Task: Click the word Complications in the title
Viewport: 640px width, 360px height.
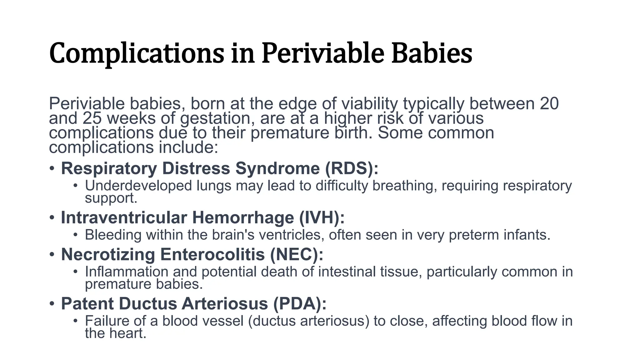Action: pos(137,54)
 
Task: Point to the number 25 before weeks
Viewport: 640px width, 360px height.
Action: pos(92,118)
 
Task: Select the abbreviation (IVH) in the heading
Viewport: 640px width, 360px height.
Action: pos(322,217)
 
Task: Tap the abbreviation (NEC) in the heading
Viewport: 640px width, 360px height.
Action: pos(297,254)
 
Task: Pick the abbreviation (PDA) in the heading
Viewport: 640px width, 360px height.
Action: pos(300,304)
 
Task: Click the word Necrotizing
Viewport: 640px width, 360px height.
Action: pos(108,254)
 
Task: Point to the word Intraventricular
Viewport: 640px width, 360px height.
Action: pos(123,217)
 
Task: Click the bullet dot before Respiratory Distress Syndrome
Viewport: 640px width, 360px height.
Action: pos(52,169)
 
